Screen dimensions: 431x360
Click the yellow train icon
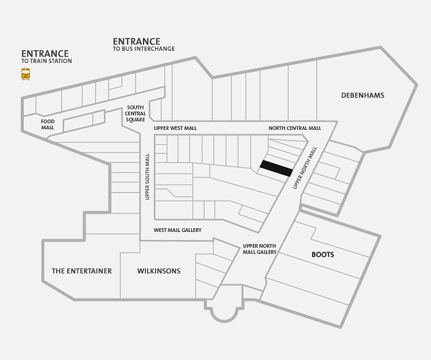point(26,74)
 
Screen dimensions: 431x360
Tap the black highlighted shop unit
point(276,169)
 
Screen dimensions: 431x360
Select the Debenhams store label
point(363,95)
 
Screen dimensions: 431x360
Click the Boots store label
point(323,255)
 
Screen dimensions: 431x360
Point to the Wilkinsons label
point(159,271)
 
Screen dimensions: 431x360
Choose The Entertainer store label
point(82,271)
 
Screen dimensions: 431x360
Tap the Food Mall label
point(47,124)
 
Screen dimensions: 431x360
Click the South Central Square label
point(135,113)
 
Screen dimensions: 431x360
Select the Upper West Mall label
point(175,129)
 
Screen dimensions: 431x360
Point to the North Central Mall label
point(295,128)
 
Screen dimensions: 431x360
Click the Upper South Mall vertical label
point(147,177)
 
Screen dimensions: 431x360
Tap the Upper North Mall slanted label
point(305,168)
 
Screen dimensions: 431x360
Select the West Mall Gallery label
point(177,230)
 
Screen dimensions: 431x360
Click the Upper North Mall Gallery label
point(259,249)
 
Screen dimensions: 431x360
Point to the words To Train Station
point(46,61)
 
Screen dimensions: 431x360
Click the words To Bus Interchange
point(143,49)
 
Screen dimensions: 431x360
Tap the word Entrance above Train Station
point(45,54)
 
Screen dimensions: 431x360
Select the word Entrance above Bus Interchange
point(137,41)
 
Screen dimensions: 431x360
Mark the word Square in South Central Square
point(135,119)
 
